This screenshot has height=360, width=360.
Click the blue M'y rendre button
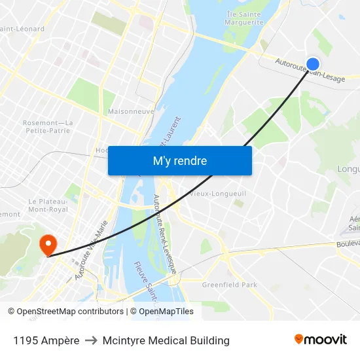click(180, 160)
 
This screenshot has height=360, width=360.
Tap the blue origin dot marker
click(313, 63)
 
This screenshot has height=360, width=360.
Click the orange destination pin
click(48, 245)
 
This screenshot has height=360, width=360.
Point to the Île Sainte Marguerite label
click(245, 18)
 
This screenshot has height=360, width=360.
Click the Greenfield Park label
click(229, 285)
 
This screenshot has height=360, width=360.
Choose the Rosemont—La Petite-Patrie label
click(48, 126)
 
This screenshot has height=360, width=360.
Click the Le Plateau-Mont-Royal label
click(48, 206)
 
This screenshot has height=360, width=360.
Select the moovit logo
click(320, 339)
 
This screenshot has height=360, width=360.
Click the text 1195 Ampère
click(46, 340)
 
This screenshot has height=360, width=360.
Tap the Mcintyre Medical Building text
click(166, 340)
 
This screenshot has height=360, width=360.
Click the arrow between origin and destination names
click(91, 340)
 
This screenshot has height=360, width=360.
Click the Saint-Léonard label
click(24, 29)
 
